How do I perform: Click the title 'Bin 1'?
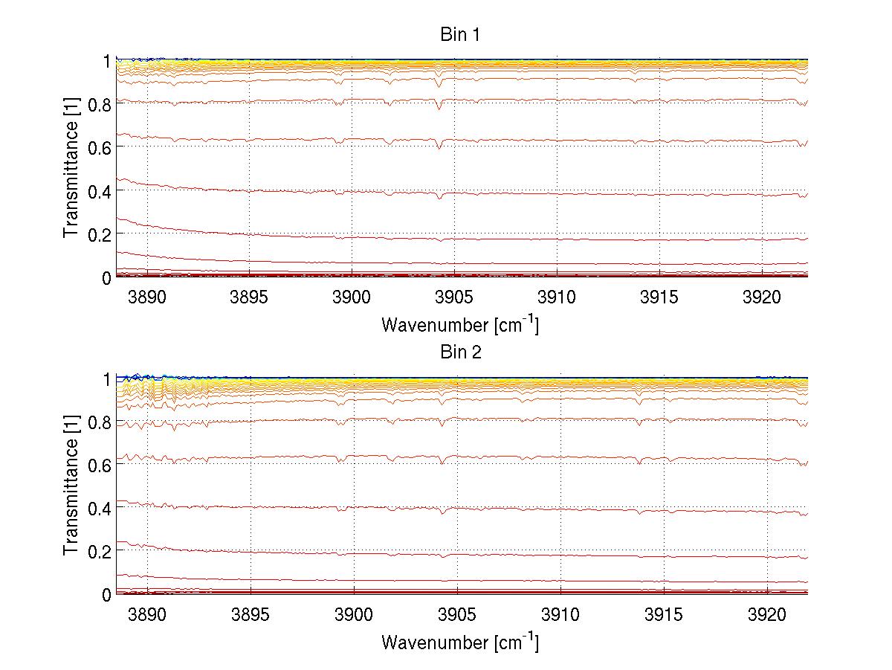click(x=460, y=35)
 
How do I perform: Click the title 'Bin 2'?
click(x=461, y=352)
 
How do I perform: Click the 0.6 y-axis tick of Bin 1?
click(x=100, y=147)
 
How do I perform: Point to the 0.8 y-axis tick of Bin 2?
click(x=100, y=422)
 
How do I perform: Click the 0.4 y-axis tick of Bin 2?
click(x=100, y=508)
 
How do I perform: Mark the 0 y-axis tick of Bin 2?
click(x=107, y=594)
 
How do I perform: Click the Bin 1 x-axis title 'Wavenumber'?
click(x=459, y=324)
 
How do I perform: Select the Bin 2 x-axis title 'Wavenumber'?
click(x=459, y=642)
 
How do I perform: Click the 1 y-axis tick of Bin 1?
click(x=107, y=60)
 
